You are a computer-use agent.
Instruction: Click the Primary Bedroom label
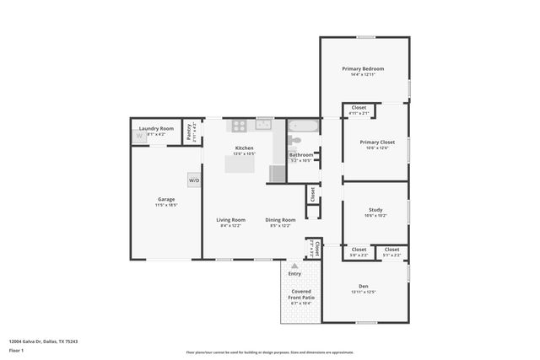tap(363, 68)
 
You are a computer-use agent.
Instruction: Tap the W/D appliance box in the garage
tap(194, 180)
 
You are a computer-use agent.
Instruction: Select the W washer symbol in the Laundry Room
tap(138, 137)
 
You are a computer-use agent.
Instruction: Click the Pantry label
tap(192, 128)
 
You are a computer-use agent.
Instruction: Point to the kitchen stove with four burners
tap(240, 126)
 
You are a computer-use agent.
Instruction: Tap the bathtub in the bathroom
tap(303, 126)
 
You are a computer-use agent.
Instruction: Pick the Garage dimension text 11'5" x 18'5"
tap(166, 205)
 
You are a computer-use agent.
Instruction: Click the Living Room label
tap(230, 219)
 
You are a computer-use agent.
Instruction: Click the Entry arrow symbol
tap(294, 266)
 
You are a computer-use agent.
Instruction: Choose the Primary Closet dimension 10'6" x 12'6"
tap(375, 148)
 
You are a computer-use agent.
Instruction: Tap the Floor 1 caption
tap(16, 350)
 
